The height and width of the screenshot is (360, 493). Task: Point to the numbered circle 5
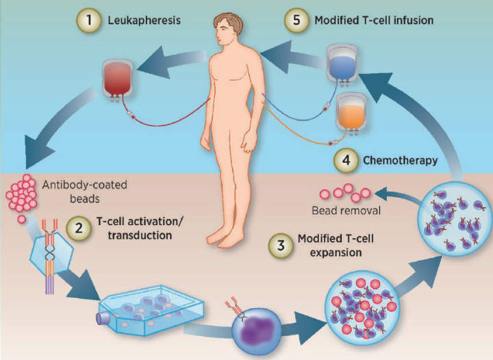(x=292, y=21)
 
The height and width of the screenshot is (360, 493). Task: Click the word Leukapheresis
(x=144, y=21)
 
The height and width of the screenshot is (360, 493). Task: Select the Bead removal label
(x=345, y=210)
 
